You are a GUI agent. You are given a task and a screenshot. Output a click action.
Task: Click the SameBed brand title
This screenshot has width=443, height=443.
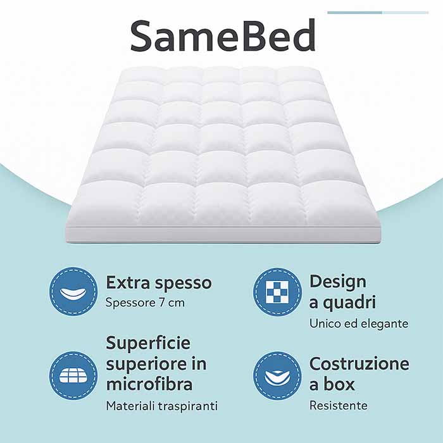point(223,36)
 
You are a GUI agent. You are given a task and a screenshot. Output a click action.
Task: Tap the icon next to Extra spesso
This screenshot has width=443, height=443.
point(73,292)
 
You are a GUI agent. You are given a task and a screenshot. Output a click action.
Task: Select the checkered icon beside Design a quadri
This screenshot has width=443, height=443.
point(277,292)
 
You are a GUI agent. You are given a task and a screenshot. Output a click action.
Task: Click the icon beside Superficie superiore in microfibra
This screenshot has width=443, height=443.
point(73,375)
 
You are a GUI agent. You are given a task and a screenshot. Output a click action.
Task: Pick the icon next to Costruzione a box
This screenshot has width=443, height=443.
point(277,375)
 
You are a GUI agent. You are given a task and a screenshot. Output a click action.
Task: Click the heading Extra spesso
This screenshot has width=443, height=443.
point(159,283)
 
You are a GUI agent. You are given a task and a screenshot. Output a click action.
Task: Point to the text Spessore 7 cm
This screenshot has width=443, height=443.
point(145,303)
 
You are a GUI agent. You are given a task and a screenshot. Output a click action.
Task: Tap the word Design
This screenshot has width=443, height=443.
point(337,282)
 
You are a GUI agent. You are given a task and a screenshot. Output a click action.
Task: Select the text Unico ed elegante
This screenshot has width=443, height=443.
point(359,323)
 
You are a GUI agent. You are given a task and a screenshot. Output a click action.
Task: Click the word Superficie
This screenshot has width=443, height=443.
point(148,344)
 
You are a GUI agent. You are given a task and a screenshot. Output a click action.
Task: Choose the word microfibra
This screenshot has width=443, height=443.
point(149,384)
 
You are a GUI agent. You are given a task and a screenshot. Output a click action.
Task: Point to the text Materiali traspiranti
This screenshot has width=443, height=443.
point(162,406)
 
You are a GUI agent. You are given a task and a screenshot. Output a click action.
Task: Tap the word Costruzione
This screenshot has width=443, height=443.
point(359,364)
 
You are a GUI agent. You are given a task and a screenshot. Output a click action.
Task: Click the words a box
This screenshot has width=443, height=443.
point(332,384)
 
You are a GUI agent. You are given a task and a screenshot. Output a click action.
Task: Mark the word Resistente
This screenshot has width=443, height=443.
point(339,406)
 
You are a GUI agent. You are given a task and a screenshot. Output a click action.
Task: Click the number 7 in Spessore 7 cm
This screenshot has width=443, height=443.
point(161,303)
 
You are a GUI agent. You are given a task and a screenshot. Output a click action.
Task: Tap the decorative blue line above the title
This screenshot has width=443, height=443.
point(378,13)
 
